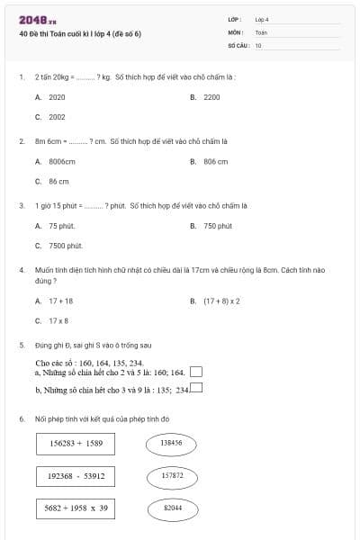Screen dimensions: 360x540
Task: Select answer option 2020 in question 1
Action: pos(57,96)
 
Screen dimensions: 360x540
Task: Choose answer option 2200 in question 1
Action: pos(211,96)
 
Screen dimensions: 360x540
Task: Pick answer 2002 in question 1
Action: pos(57,117)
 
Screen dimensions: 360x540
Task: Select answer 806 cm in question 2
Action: pos(215,161)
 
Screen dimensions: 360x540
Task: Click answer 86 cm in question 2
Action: pos(58,181)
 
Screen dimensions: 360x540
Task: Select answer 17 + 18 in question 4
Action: pos(60,301)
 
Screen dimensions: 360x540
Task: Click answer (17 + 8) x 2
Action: pos(221,301)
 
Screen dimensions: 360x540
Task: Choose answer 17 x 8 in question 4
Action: pos(58,320)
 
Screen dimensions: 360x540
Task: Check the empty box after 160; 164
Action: pos(196,372)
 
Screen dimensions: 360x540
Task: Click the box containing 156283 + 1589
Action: pos(76,443)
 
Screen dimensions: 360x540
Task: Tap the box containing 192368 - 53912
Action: pos(76,475)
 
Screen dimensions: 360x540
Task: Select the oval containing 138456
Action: pos(171,443)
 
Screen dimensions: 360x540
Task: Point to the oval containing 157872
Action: pos(171,475)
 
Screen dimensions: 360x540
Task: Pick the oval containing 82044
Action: pos(171,508)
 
